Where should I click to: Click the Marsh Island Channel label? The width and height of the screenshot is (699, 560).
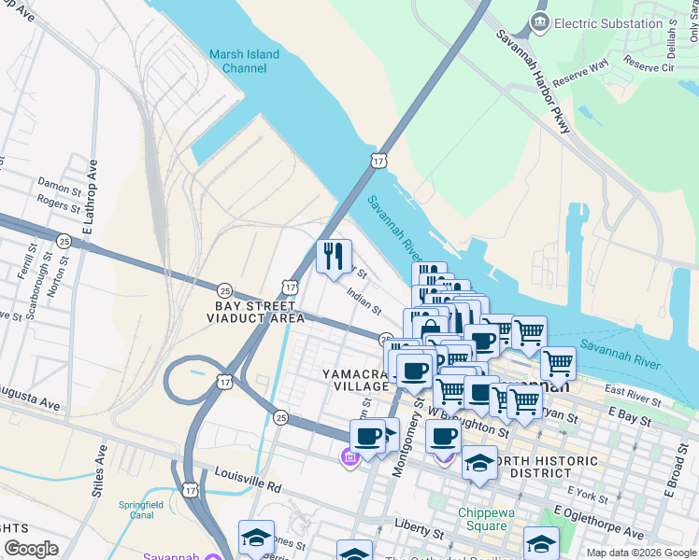click(x=244, y=62)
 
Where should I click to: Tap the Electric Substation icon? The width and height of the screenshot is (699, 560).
click(x=539, y=22)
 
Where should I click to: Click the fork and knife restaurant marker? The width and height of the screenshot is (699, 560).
click(x=334, y=256)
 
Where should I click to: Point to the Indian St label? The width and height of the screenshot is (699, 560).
click(x=364, y=301)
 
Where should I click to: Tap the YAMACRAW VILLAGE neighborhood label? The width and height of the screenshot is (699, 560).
click(x=355, y=380)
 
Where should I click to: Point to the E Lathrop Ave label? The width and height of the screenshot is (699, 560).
click(x=90, y=198)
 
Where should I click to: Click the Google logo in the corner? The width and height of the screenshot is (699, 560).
click(x=31, y=549)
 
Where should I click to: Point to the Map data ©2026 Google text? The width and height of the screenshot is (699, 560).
click(x=641, y=553)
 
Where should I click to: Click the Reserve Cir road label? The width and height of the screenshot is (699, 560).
click(x=649, y=66)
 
